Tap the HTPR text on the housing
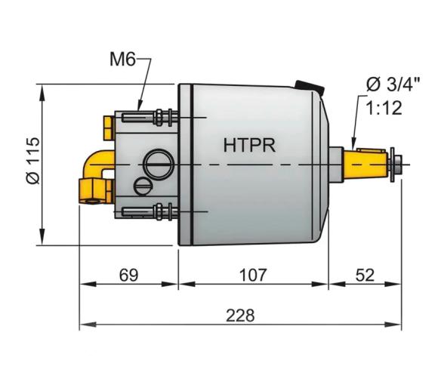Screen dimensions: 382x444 point(249,143)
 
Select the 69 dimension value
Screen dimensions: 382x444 point(129,274)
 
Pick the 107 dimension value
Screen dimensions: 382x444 point(252,274)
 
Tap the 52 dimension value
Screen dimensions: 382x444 point(365,274)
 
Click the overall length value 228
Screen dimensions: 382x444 point(241,314)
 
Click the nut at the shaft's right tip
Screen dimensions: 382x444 point(393,162)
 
